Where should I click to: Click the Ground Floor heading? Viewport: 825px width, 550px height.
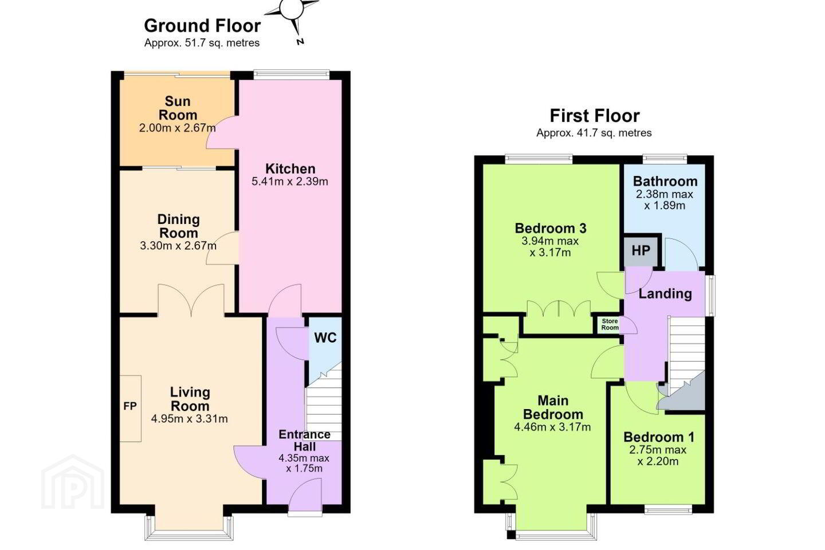pos(202,26)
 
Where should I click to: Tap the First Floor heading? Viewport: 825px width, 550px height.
pos(595,116)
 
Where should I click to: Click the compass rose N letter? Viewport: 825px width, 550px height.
pos(300,42)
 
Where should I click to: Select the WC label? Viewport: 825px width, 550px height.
pos(325,337)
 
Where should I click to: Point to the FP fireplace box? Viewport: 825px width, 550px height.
pos(131,408)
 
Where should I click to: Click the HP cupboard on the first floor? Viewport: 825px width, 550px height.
pos(641,251)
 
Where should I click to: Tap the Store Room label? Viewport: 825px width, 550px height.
pos(610,324)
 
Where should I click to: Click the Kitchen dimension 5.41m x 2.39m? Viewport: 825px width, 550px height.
pos(290,182)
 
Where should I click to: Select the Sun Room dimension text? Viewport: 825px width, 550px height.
pos(177,128)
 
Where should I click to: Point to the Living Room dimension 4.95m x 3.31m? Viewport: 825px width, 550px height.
pos(189,419)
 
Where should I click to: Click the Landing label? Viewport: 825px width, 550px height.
pos(665,294)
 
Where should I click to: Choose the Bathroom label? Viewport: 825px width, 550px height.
pos(665,181)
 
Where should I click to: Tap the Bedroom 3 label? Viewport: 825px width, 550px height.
pos(551,229)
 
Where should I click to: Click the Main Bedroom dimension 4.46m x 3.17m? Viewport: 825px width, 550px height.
pos(552,427)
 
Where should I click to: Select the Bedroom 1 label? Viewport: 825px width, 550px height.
pos(659,437)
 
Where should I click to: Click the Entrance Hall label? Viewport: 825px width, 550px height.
pos(305,441)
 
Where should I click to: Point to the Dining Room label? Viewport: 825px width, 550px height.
pos(179,226)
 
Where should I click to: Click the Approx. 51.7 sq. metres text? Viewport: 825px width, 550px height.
pos(202,43)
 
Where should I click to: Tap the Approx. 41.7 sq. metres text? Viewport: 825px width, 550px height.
pos(594,133)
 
